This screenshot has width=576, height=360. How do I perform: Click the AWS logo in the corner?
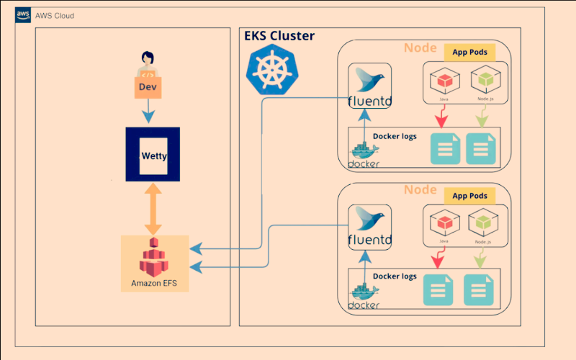pos(23,15)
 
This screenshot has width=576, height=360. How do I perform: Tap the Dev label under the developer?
pos(148,88)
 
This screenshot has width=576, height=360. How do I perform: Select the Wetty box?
pos(153,155)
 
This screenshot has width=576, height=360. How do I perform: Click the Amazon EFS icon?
pos(153,258)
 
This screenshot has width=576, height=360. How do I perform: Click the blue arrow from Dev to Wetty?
pos(148,111)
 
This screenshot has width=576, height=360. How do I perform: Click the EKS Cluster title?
pos(279,36)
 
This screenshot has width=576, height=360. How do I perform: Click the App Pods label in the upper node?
pos(469,52)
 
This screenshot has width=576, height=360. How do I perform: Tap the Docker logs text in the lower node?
pos(395,276)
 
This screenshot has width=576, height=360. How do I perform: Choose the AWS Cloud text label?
pos(55,15)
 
